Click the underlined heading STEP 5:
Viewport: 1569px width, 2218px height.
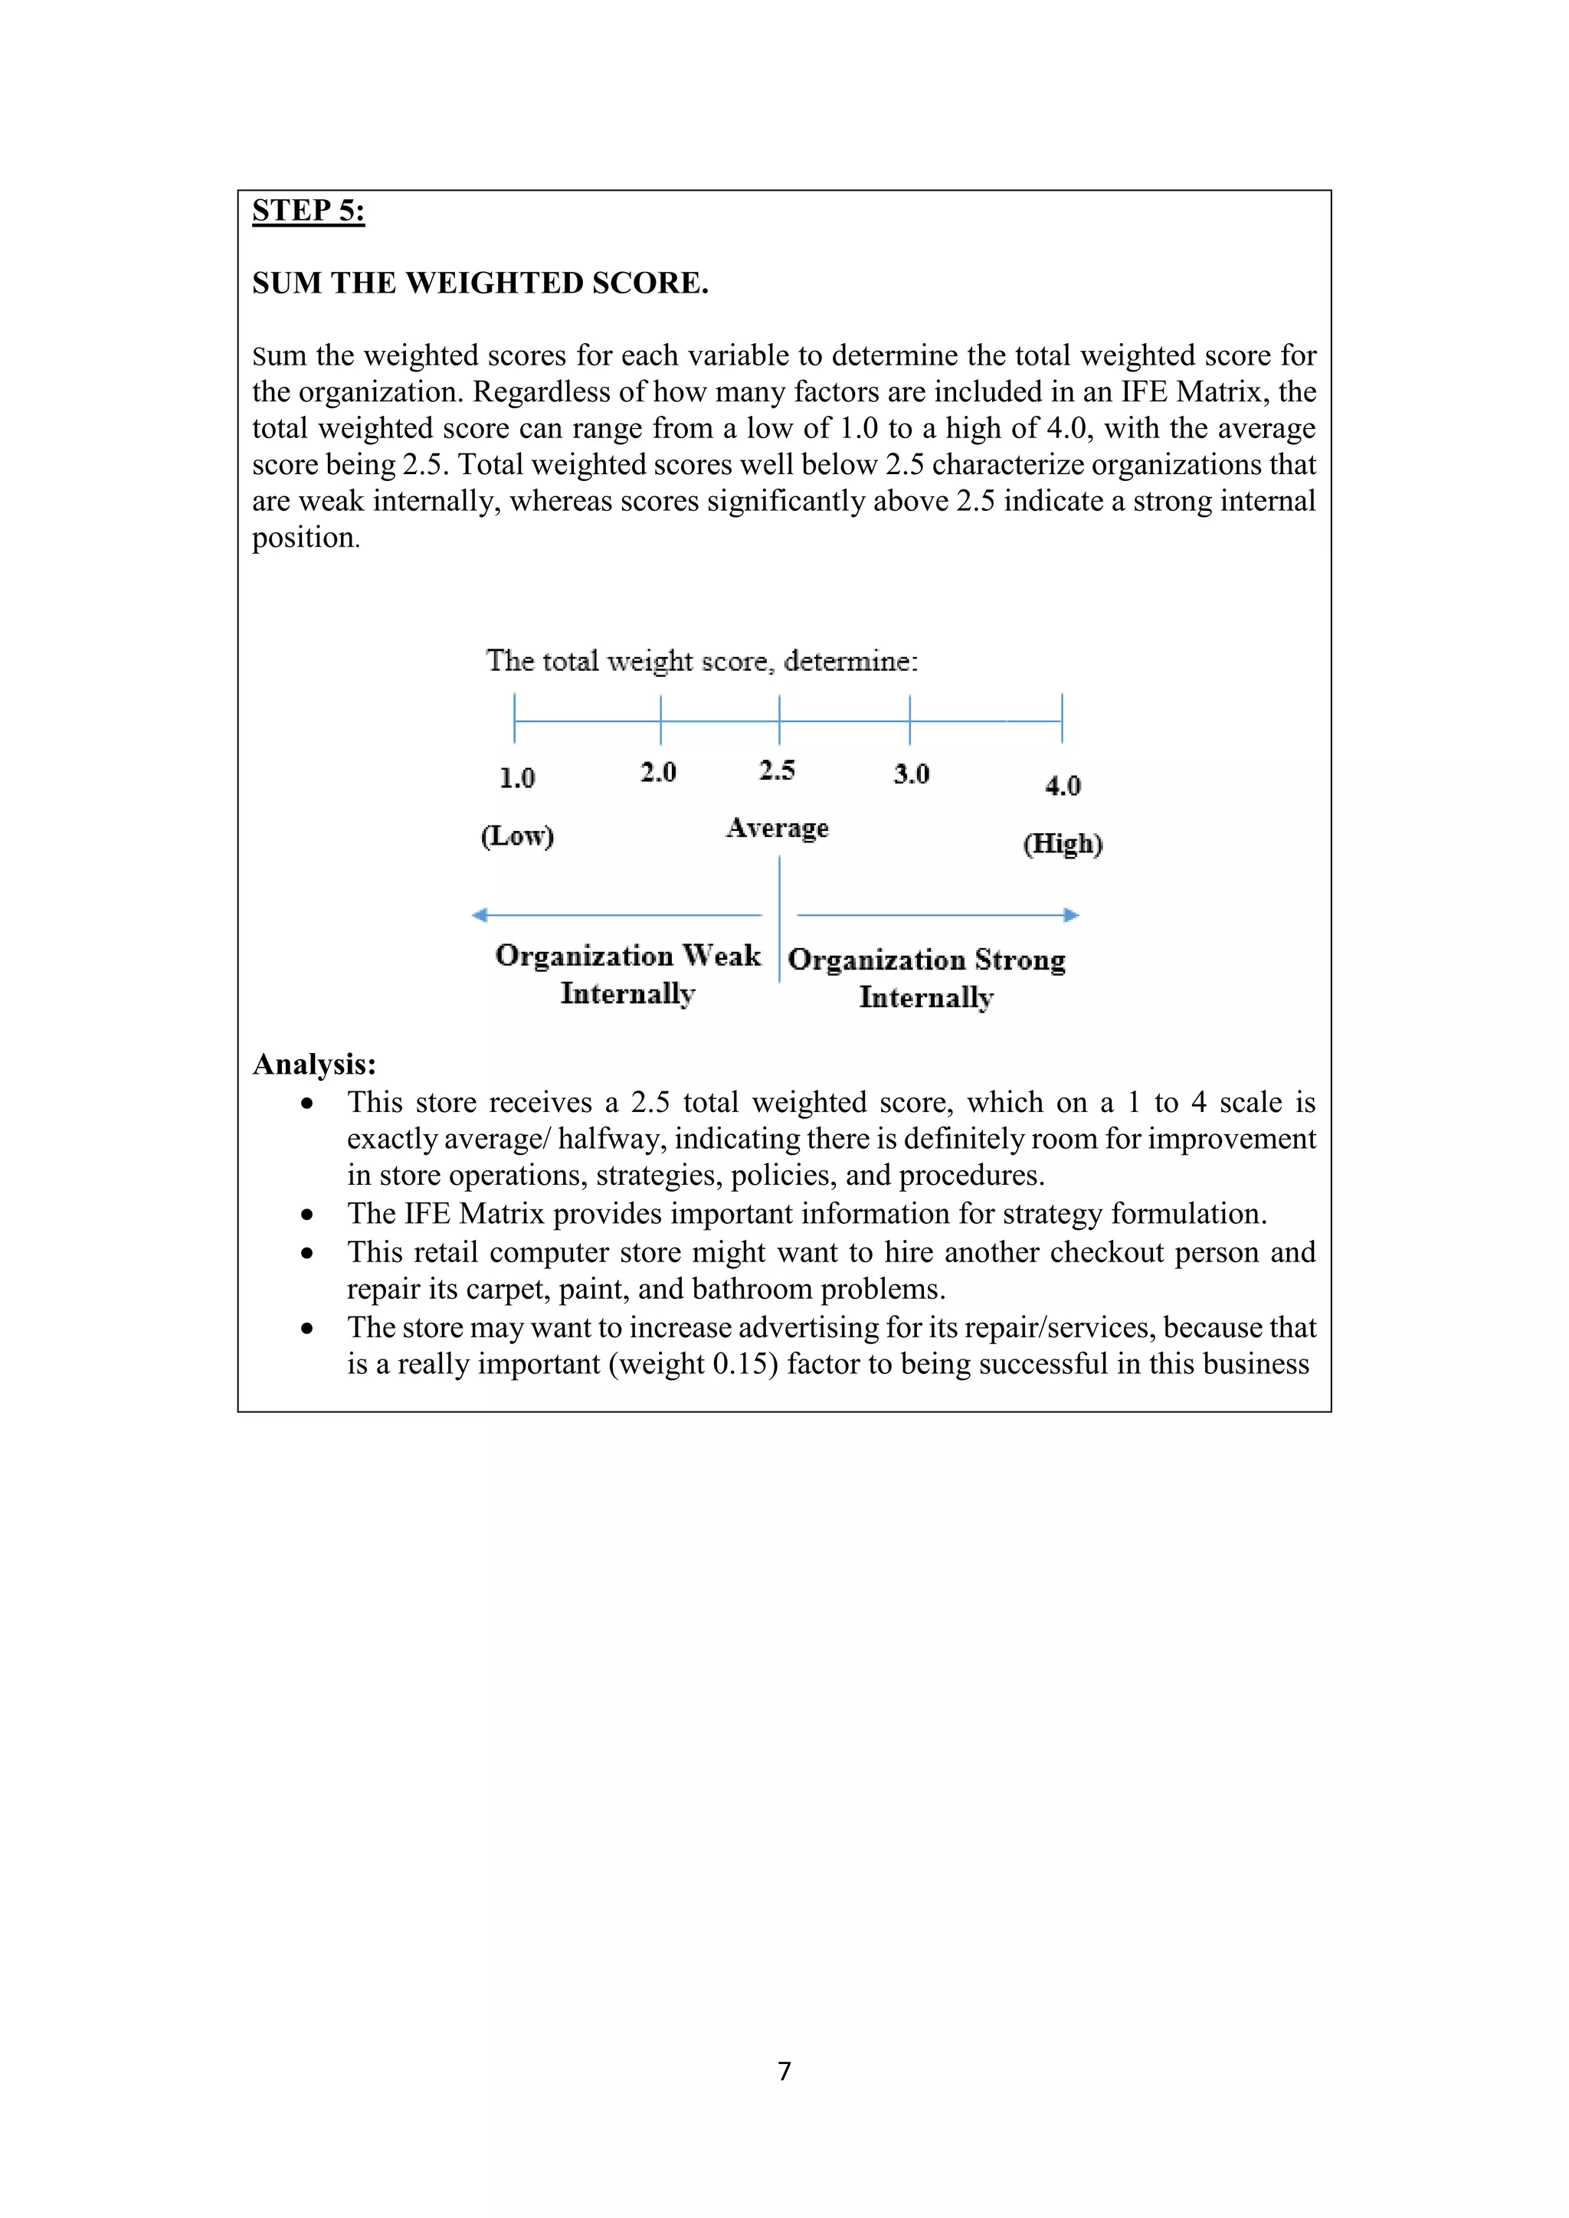[308, 211]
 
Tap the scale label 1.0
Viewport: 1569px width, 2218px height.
[517, 777]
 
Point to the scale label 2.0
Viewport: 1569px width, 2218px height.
[658, 772]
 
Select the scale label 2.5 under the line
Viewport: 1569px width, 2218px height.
[777, 770]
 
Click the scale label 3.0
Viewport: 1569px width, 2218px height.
[911, 774]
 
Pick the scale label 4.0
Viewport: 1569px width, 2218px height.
[1063, 785]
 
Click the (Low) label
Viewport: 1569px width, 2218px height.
[517, 836]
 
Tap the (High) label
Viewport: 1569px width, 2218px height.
[1063, 843]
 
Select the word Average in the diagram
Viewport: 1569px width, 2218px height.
[778, 828]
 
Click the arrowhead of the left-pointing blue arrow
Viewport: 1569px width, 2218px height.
[479, 914]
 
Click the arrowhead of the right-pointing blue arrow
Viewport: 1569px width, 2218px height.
[1072, 914]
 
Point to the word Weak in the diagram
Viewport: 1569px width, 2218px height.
[722, 955]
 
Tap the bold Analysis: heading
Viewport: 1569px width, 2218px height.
[314, 1065]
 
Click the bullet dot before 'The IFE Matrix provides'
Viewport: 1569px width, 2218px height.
[307, 1214]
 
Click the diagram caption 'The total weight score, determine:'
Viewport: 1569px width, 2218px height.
[702, 662]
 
